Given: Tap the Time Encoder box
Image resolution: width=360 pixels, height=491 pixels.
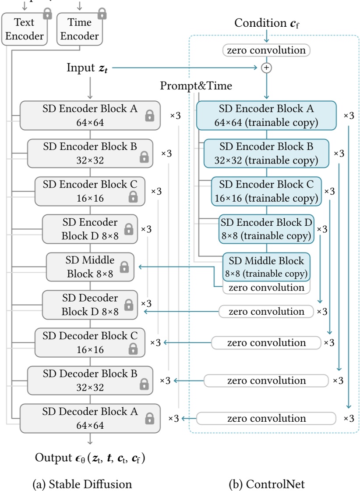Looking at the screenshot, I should (x=80, y=29).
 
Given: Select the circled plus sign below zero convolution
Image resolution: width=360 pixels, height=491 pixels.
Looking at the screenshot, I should (x=266, y=68).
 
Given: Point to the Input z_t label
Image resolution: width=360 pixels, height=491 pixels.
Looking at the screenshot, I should (x=86, y=68).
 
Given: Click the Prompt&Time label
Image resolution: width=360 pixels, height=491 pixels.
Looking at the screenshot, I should (x=196, y=86).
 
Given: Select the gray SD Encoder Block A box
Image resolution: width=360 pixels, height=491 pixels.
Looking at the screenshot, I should (x=90, y=115).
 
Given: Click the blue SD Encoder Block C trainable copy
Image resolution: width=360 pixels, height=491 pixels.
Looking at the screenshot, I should (x=266, y=191).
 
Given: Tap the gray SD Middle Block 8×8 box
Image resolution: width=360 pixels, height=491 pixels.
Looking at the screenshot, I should (x=90, y=267).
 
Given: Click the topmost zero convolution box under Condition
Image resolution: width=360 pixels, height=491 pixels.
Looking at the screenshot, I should (x=266, y=50).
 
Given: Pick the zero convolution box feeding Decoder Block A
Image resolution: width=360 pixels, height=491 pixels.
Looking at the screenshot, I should (x=266, y=418).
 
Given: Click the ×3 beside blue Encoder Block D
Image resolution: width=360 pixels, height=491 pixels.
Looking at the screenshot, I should (x=322, y=229).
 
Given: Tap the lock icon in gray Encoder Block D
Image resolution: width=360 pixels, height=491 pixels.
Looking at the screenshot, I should (x=128, y=229).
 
